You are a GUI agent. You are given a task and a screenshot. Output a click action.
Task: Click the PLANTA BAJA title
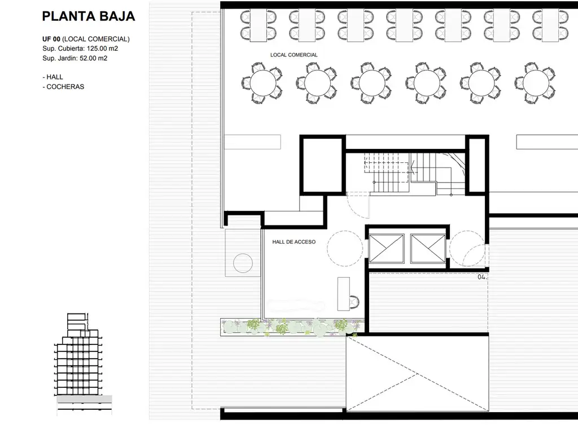(89, 16)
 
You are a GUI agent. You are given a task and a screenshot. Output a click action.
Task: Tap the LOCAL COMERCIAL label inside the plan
(294, 55)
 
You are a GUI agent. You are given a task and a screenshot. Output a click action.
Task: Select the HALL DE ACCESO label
(294, 242)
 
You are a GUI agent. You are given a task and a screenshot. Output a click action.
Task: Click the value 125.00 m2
(103, 48)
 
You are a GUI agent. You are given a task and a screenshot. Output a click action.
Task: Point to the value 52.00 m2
(94, 58)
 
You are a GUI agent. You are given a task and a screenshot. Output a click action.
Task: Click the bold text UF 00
(51, 39)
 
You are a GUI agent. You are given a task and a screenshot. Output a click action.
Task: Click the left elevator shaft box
(386, 249)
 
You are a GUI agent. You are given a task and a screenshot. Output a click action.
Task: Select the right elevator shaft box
(428, 249)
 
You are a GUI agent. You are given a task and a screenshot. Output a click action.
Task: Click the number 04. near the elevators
(482, 277)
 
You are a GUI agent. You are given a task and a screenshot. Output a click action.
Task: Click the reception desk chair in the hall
(354, 302)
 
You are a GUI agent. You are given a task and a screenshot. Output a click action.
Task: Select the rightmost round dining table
(536, 83)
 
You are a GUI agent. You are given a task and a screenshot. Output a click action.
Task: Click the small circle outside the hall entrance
(243, 263)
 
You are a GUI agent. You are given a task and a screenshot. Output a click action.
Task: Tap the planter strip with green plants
(292, 327)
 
